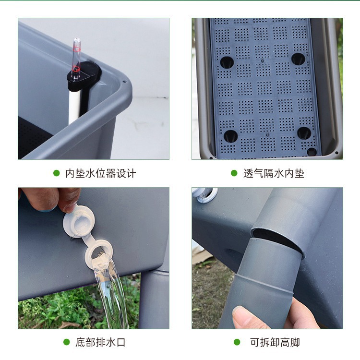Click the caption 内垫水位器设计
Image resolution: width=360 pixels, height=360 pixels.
pos(100,173)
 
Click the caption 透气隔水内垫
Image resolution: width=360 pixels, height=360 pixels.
pos(274,173)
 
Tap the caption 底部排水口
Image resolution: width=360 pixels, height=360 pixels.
pos(100,342)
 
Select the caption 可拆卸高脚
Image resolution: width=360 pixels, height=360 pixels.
pos(275,342)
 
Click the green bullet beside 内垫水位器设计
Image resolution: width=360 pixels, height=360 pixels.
pos(57,173)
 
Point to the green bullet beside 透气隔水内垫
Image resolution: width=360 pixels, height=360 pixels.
pos(234,173)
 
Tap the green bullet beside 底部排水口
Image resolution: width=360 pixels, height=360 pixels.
pos(67,342)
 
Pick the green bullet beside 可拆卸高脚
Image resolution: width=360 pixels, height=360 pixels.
pos(237,342)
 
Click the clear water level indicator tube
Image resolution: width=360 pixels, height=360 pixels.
pos(76,53)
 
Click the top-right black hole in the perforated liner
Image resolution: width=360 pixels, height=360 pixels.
pos(298,59)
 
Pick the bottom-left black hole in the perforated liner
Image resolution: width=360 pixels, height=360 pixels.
pos(230,136)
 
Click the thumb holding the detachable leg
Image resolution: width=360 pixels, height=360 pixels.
pos(250,317)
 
